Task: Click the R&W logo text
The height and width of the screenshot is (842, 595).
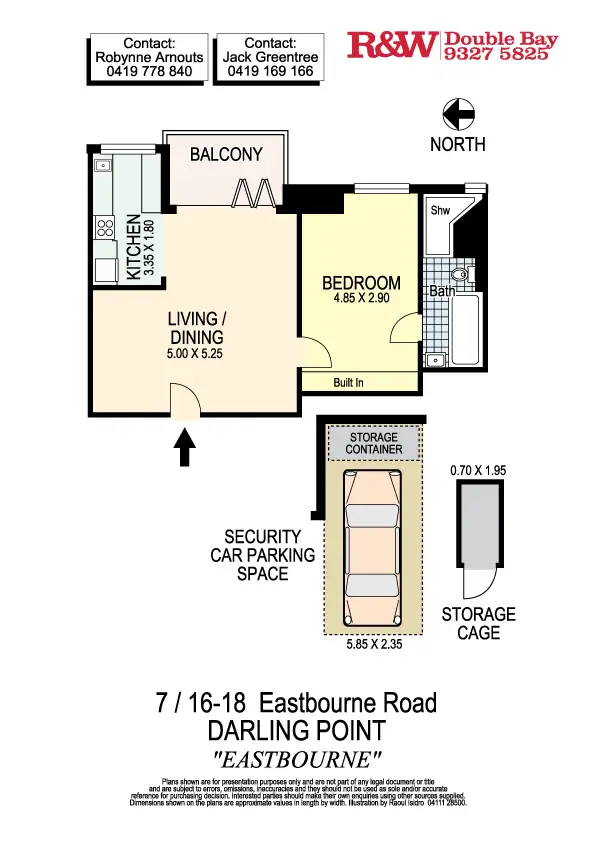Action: coord(392,45)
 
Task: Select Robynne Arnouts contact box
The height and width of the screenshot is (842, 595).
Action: coord(149,58)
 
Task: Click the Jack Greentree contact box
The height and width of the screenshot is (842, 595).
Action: coord(270,58)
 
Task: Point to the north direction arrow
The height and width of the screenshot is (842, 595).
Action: coord(458,115)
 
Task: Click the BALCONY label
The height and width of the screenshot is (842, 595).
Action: coord(226,154)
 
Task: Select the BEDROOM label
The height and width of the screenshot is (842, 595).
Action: coord(361,283)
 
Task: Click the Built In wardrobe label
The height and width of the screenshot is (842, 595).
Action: coord(347,382)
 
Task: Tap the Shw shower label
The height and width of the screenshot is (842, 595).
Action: coord(440,211)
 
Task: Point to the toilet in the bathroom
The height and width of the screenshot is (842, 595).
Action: coord(459,274)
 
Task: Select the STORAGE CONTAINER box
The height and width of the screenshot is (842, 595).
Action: coord(373,444)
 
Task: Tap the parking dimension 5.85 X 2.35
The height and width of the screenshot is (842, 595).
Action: coord(373,645)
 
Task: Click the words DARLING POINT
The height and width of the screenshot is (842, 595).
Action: coord(296,730)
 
